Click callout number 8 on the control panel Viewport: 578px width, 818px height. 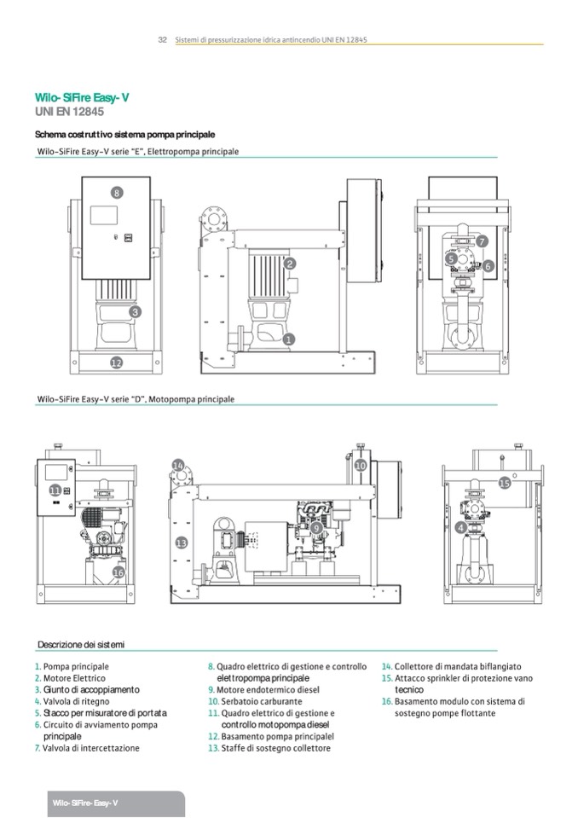pos(117,193)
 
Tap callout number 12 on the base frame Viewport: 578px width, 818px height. pos(117,362)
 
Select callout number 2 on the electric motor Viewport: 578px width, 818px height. pos(289,264)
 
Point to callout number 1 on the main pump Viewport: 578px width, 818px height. pos(288,339)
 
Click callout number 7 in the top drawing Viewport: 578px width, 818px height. pos(482,241)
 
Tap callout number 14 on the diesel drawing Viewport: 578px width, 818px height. pos(178,466)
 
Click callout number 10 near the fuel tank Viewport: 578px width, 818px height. pos(361,466)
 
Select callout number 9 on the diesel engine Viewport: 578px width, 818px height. pos(316,529)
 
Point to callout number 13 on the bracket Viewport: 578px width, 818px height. pos(181,542)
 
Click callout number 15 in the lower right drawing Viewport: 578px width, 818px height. pos(504,483)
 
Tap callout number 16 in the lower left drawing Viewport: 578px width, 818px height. pos(118,572)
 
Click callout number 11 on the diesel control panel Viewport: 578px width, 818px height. pos(55,490)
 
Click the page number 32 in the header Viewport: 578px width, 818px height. pos(162,40)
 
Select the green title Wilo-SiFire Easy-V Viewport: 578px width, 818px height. pos(82,98)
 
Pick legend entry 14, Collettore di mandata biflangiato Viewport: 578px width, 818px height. pos(456,666)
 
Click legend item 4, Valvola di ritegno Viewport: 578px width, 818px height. pos(75,701)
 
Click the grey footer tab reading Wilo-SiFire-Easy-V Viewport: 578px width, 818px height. pos(85,803)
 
